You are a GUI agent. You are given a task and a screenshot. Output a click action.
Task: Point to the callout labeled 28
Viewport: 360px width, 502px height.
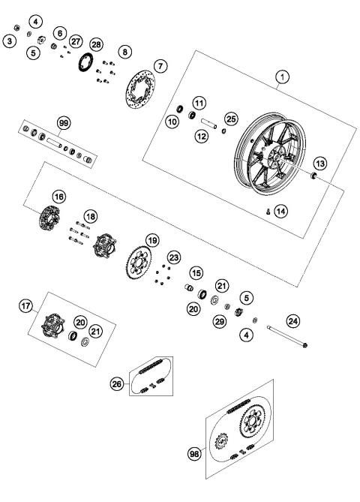click(96, 44)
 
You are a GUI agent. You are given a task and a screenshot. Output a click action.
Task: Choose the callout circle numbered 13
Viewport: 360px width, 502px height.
click(319, 164)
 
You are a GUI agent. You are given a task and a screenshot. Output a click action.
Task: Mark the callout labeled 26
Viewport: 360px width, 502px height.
click(117, 383)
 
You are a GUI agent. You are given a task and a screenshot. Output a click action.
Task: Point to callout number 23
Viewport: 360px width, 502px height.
click(174, 257)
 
